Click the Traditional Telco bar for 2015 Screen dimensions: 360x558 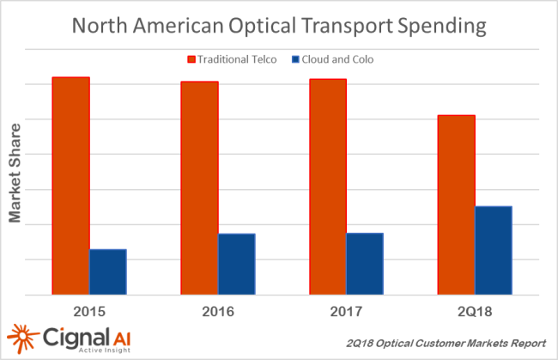point(70,186)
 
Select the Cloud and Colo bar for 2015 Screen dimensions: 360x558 point(108,272)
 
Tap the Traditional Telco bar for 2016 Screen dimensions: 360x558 point(199,187)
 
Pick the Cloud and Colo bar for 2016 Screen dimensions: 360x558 point(236,264)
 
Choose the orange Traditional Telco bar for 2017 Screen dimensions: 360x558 point(328,186)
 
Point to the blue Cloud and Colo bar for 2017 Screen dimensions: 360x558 point(365,264)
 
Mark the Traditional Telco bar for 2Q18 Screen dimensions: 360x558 point(456,204)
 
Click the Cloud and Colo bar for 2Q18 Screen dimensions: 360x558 point(493,250)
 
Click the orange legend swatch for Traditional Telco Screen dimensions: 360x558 point(191,59)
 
